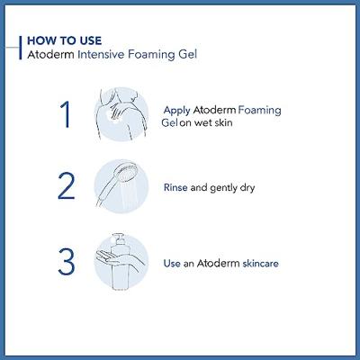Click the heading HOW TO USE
pos(65,40)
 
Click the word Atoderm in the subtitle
pos(50,55)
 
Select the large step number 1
pos(66,114)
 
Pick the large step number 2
pos(66,186)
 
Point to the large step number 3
pos(67,261)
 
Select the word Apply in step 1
pos(176,111)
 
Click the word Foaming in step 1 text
pos(260,111)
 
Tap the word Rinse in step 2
pos(175,188)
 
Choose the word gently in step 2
pos(223,188)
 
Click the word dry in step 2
pos(247,188)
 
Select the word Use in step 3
pos(172,264)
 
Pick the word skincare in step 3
pos(260,264)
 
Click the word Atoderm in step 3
pos(218,264)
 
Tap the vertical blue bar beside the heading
pos(21,48)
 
